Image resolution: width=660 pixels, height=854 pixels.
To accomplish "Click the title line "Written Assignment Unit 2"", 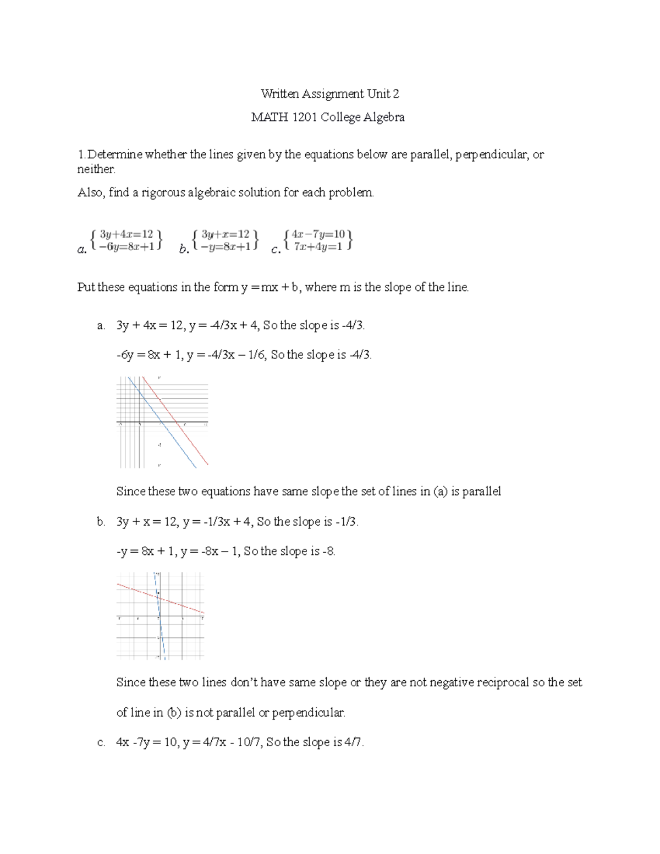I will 330,94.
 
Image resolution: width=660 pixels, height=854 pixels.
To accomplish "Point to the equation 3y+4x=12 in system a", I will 126,234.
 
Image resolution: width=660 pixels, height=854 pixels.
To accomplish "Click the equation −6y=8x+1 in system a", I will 126,246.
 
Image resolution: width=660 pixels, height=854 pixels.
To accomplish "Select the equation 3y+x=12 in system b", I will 226,234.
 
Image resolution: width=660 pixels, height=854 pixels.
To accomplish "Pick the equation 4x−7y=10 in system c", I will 318,234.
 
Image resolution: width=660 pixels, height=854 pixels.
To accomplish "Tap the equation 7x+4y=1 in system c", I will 318,246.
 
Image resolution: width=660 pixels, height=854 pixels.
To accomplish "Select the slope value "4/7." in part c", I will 355,742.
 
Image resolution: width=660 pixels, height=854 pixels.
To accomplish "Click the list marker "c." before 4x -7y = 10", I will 101,742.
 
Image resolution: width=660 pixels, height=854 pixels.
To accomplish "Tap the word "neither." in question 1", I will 96,169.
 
